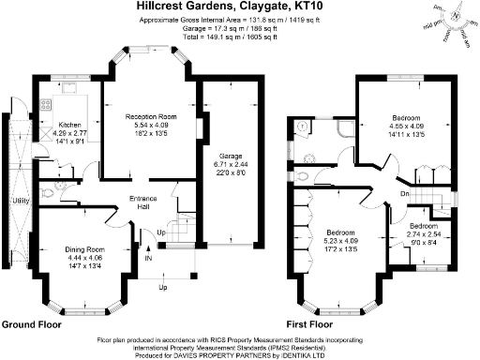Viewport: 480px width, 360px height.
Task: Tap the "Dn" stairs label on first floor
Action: point(404,194)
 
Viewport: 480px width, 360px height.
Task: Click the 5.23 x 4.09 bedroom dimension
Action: point(346,240)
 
